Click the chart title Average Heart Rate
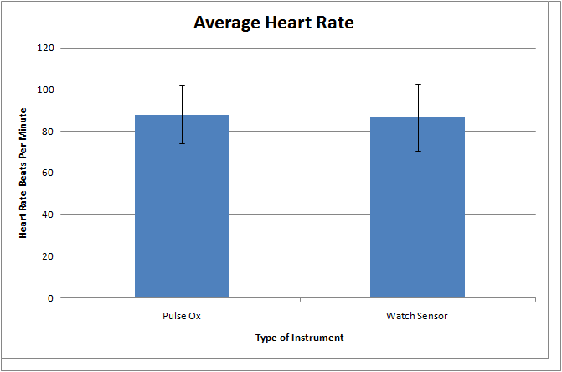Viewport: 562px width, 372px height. click(274, 23)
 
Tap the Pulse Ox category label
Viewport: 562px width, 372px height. click(182, 317)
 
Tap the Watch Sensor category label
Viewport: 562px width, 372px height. click(417, 317)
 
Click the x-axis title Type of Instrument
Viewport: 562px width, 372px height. click(299, 338)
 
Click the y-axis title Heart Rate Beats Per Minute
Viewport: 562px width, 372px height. click(24, 173)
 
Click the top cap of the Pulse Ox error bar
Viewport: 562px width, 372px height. click(182, 86)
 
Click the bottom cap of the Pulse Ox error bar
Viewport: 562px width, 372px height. click(182, 143)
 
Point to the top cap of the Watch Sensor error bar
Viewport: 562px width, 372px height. click(417, 84)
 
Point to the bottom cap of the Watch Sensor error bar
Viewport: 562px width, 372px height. click(417, 151)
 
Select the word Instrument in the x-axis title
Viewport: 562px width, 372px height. click(320, 338)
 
